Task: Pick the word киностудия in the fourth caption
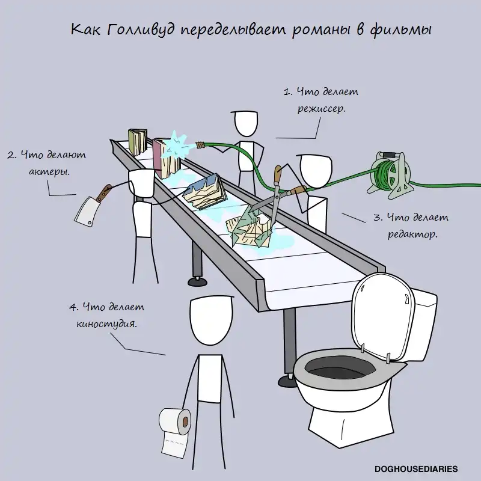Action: coord(106,323)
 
